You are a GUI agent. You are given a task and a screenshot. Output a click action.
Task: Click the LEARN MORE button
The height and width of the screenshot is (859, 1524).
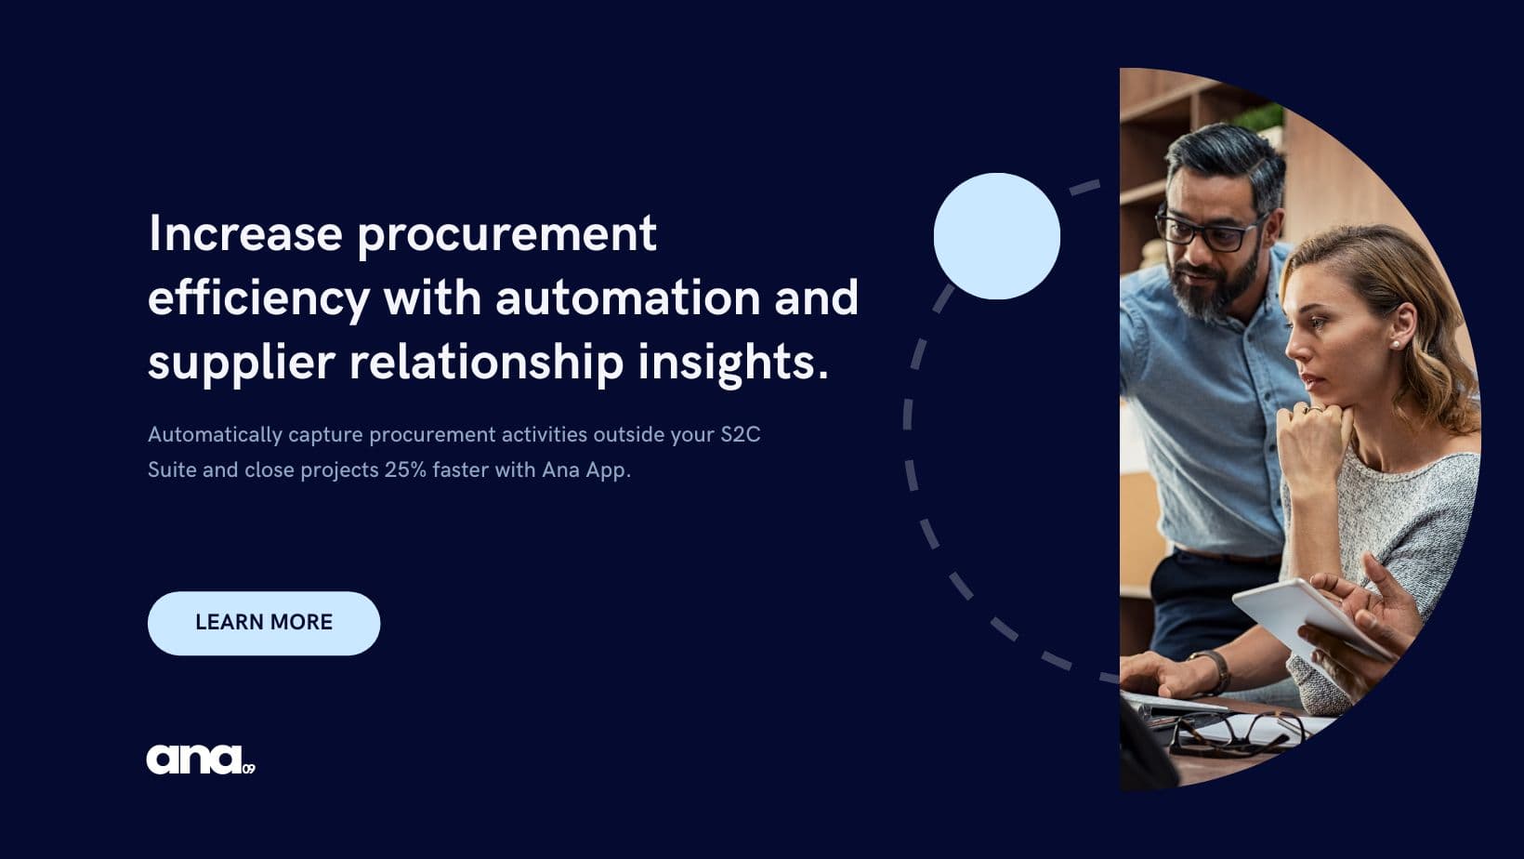[264, 623]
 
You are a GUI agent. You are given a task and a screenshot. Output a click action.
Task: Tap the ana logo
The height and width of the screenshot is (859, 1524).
[201, 760]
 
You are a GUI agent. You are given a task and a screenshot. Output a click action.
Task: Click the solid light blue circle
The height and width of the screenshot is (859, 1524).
[997, 236]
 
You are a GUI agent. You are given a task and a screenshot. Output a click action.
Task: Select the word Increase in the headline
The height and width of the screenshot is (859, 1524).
[245, 233]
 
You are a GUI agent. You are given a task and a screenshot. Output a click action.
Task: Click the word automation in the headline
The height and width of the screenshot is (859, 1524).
[628, 297]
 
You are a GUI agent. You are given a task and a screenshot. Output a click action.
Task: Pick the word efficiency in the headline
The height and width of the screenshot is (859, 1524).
[258, 298]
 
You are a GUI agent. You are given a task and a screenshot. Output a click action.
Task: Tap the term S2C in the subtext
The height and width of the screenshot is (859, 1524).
[741, 434]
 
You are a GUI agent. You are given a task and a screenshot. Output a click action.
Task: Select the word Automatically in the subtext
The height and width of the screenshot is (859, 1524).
[215, 435]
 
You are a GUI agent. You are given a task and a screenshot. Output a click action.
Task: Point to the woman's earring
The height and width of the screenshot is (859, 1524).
[1396, 345]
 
